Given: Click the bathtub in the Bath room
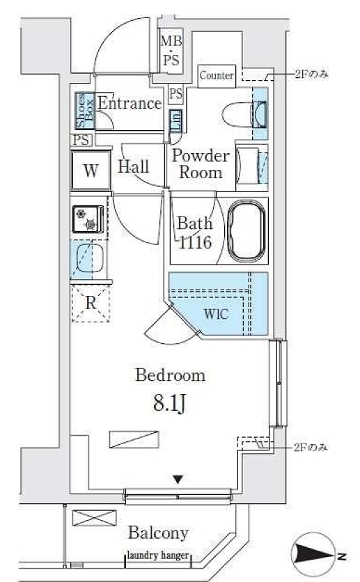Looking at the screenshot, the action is (x=246, y=231).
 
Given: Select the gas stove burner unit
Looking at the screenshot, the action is (x=88, y=219).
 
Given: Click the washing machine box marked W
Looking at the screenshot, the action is (x=91, y=171).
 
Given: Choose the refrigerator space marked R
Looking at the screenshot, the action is (x=91, y=304).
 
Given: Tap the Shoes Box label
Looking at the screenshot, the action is (x=85, y=111).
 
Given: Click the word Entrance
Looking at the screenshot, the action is (x=130, y=103).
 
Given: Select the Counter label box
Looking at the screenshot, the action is (x=217, y=76).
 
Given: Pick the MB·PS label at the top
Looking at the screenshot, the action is (x=171, y=50).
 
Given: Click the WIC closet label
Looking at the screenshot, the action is (x=216, y=314).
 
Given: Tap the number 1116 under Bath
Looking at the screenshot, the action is (x=195, y=243).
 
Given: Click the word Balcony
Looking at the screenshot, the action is (x=159, y=533).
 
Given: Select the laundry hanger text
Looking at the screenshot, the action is (x=158, y=556).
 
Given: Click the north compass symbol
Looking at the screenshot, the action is (x=313, y=555).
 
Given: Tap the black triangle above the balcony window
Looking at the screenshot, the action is (x=178, y=480).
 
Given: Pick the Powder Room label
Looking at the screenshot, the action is (x=201, y=164).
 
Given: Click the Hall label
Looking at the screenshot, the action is (x=134, y=166).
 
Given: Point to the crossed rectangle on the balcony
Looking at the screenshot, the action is (x=94, y=518).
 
